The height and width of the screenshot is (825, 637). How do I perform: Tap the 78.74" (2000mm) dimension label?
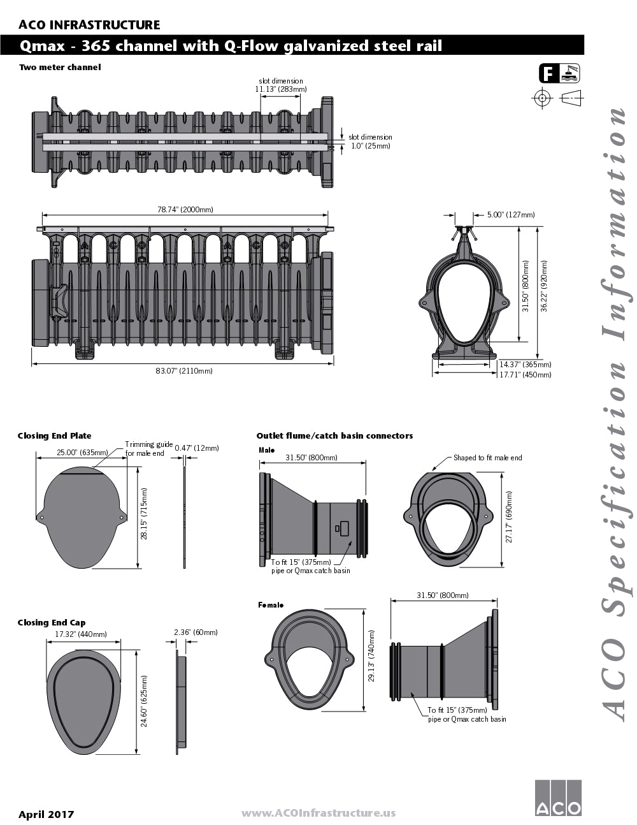click(x=185, y=209)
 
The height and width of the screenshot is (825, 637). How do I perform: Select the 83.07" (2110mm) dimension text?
click(x=184, y=370)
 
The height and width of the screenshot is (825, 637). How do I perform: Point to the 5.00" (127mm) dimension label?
click(x=511, y=214)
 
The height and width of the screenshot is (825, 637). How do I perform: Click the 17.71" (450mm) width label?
click(x=525, y=375)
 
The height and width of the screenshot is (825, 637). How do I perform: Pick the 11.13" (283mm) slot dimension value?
click(x=280, y=89)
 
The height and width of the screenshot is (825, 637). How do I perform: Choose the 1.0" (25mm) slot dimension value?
click(x=370, y=146)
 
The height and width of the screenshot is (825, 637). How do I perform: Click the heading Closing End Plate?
click(x=54, y=435)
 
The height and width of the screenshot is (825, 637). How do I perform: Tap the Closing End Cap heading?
click(x=52, y=622)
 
